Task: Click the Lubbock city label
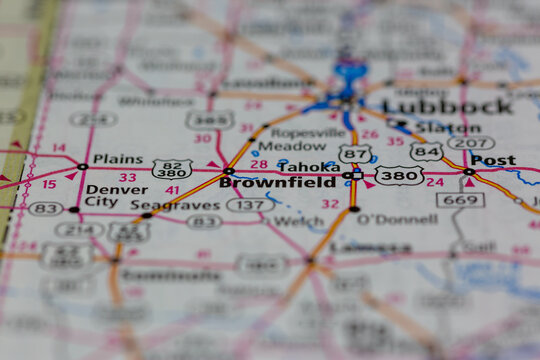(447, 106)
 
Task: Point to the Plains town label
(117, 159)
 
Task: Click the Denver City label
(115, 195)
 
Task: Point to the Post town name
(493, 160)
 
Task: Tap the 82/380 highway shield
(172, 169)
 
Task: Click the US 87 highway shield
(354, 154)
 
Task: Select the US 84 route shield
(426, 152)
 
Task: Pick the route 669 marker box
(459, 200)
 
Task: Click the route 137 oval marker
(249, 204)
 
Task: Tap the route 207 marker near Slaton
(470, 142)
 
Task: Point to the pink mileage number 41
(172, 190)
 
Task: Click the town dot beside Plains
(82, 166)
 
